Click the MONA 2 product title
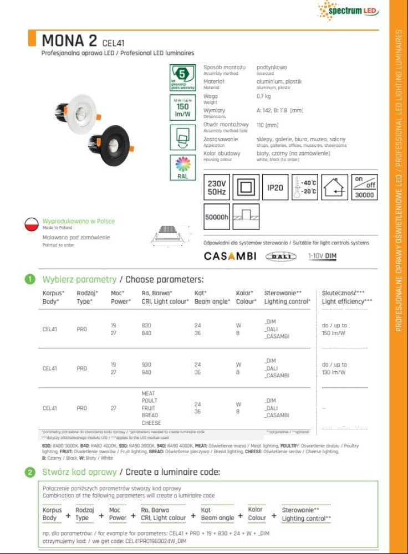tap(69, 40)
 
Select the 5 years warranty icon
tap(182, 77)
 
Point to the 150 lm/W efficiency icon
tap(182, 107)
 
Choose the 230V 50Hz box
tap(216, 187)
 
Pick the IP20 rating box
tap(275, 187)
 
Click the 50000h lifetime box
tap(216, 217)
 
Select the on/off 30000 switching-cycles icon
tap(364, 187)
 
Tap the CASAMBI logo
tap(230, 256)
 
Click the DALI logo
tap(281, 256)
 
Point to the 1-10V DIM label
tap(323, 256)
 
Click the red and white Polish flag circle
tap(33, 224)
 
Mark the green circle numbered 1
tap(30, 279)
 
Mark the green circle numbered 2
tap(30, 473)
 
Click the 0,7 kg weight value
tap(264, 96)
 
